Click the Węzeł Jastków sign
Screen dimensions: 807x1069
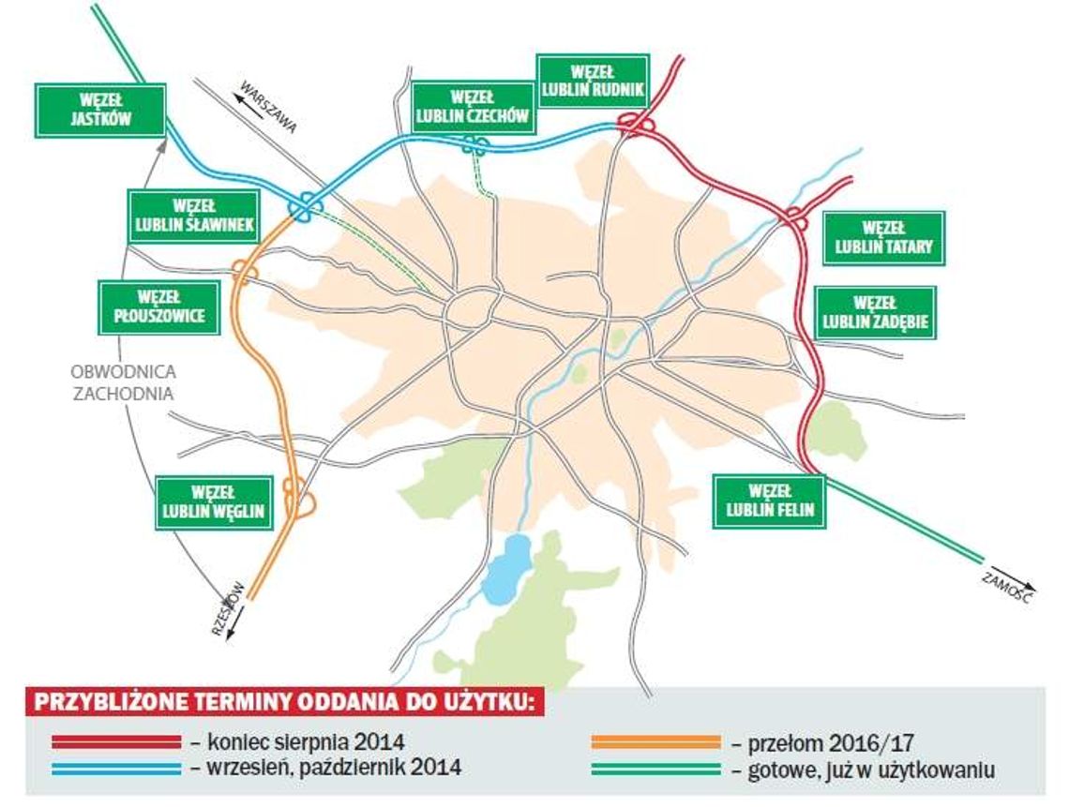[100, 110]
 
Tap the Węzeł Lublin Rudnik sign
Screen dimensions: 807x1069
[593, 81]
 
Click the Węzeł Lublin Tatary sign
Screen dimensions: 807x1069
[884, 238]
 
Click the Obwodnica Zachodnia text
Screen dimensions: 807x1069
[124, 381]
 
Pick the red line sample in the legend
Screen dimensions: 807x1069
[116, 742]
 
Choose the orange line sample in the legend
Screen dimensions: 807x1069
[656, 742]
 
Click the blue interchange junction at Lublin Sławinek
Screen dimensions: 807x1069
[307, 207]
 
